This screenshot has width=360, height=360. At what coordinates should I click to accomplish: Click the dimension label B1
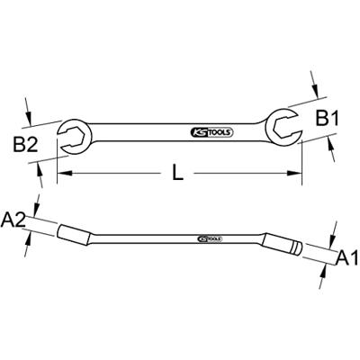tap(328, 120)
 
